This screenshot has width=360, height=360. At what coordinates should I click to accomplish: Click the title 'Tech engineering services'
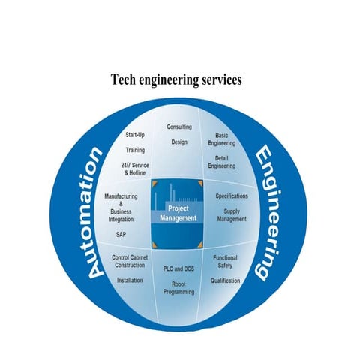tap(176, 79)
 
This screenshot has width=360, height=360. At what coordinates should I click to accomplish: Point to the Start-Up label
tap(135, 136)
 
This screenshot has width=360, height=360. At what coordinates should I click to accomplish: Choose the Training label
tap(135, 150)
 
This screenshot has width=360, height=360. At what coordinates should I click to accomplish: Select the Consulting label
tap(179, 127)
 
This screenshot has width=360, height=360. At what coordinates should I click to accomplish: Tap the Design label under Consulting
tap(179, 142)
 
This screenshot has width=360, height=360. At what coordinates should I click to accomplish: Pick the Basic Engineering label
tap(222, 139)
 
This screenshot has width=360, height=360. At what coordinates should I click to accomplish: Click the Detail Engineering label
tap(222, 162)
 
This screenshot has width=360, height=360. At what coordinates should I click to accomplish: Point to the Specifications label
tap(232, 196)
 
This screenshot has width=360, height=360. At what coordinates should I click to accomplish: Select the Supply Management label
tap(232, 215)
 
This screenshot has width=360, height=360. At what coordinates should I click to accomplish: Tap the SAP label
tap(121, 234)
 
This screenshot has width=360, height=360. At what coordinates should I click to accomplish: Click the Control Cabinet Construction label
tap(133, 261)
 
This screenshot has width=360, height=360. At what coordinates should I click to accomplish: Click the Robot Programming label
tap(179, 288)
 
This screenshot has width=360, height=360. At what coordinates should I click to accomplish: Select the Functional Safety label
tap(225, 261)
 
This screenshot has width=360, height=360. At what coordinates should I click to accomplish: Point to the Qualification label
tap(225, 280)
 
